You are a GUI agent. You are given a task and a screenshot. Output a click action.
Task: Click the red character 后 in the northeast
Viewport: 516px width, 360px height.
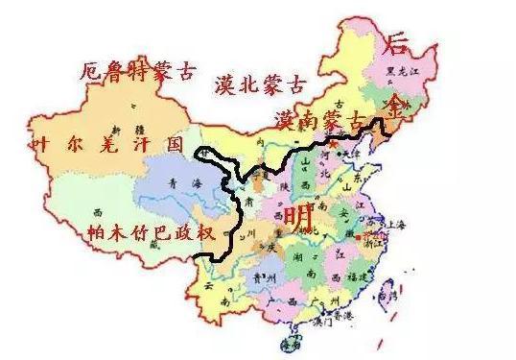coord(397,43)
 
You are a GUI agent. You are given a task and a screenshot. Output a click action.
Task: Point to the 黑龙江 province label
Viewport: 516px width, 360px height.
coord(396,72)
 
